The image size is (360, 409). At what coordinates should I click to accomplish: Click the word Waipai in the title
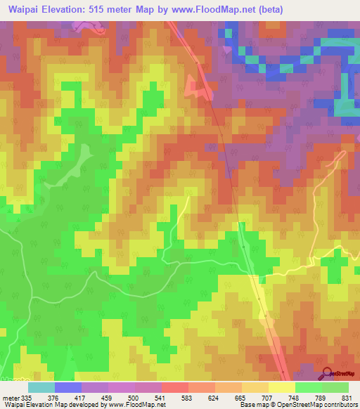(25, 8)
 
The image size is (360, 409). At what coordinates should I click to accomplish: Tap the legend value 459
(123, 397)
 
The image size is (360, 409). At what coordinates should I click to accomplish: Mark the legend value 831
(352, 397)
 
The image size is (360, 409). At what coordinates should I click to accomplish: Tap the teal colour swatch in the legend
(41, 387)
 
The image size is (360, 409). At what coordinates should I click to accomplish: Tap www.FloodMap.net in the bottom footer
(134, 405)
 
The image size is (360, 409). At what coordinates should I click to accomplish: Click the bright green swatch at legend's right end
(335, 387)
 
